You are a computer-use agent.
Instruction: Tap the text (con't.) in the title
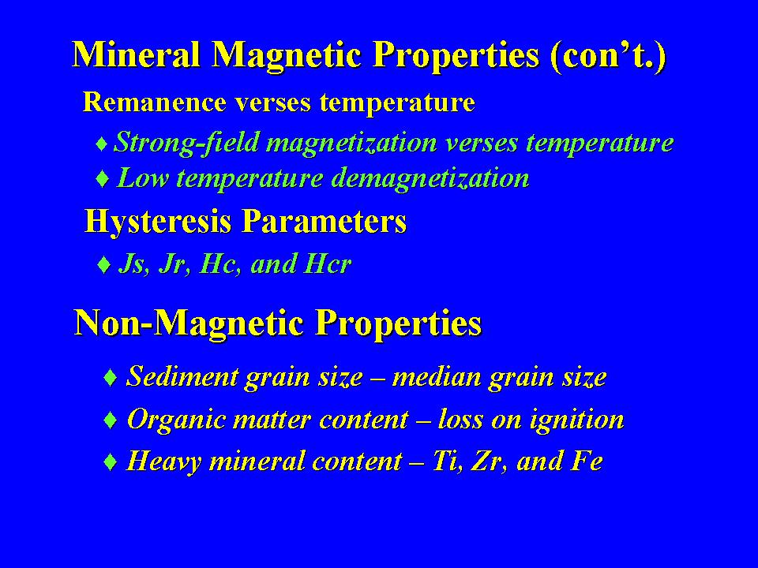tap(608, 57)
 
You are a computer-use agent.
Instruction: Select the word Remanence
tap(155, 102)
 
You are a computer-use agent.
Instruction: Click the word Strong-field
tap(186, 143)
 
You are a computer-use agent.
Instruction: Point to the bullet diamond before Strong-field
tap(102, 144)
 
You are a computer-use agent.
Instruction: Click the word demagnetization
tap(430, 178)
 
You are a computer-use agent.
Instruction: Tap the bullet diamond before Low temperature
tap(103, 179)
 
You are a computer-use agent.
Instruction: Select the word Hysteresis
tap(158, 222)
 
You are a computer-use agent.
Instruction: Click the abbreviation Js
tap(131, 264)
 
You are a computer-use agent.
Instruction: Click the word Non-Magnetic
tap(189, 323)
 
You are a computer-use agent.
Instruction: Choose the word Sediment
tap(182, 377)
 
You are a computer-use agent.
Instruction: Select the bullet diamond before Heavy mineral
tap(111, 462)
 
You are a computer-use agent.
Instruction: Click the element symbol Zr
tap(489, 461)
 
